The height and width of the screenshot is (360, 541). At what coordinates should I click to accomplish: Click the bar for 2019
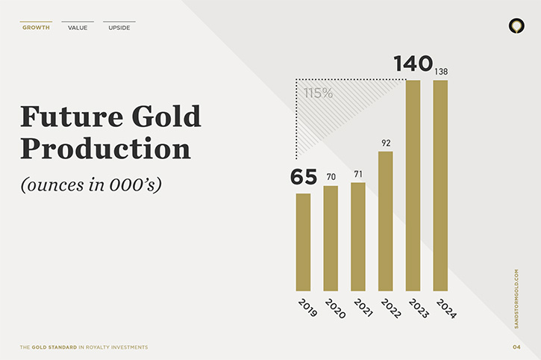303,242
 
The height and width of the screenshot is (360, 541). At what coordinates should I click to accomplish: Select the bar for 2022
385,221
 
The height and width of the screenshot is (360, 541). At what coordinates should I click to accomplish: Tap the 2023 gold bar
413,185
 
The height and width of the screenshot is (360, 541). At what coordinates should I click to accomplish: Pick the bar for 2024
440,185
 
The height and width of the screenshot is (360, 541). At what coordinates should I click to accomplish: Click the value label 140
413,63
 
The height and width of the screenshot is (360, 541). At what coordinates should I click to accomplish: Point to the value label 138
441,72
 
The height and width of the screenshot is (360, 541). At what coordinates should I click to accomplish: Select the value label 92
386,143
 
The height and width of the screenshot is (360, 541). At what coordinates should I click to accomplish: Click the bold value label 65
303,177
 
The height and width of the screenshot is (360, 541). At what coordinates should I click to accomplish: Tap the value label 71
358,174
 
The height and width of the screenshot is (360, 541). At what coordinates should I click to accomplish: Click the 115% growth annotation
318,93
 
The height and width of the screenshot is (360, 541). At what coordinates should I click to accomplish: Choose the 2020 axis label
335,308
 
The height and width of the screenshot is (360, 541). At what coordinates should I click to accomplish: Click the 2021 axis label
363,308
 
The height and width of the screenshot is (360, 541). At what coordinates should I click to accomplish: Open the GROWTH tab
37,28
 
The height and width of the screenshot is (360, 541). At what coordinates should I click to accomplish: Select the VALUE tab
78,28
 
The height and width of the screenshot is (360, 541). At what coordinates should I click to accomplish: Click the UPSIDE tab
119,28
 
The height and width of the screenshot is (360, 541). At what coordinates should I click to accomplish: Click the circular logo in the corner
516,26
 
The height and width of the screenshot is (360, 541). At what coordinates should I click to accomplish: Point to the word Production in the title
105,149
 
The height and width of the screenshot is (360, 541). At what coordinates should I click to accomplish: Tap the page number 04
516,347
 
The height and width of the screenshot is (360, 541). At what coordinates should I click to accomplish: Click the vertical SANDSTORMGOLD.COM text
516,299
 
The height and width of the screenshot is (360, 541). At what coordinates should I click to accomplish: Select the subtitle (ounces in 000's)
91,184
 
